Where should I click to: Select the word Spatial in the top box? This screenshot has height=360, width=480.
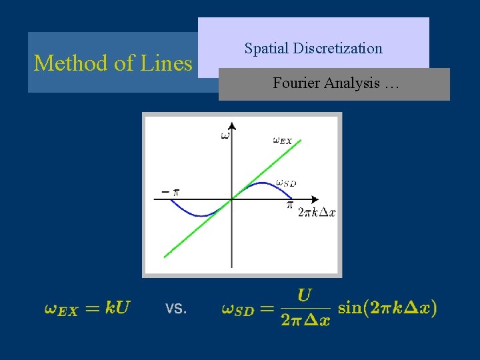click(266, 49)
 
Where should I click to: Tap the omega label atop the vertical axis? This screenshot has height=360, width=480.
click(225, 135)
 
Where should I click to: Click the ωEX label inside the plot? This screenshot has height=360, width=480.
click(282, 140)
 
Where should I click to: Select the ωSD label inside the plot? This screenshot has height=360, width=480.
click(286, 182)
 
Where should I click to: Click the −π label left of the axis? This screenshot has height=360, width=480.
click(171, 192)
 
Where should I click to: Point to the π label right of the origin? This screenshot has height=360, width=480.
click(290, 205)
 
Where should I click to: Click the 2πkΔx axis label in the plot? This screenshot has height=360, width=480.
click(317, 213)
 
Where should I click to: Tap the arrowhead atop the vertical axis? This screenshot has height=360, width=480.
click(231, 125)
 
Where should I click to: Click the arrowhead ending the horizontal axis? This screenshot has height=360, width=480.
click(315, 199)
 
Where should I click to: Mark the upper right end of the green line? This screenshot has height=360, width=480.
click(300, 141)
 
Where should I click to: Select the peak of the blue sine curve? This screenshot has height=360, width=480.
click(261, 183)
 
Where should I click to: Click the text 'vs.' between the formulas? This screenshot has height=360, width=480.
click(177, 308)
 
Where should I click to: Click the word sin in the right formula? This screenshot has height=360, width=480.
click(350, 308)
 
